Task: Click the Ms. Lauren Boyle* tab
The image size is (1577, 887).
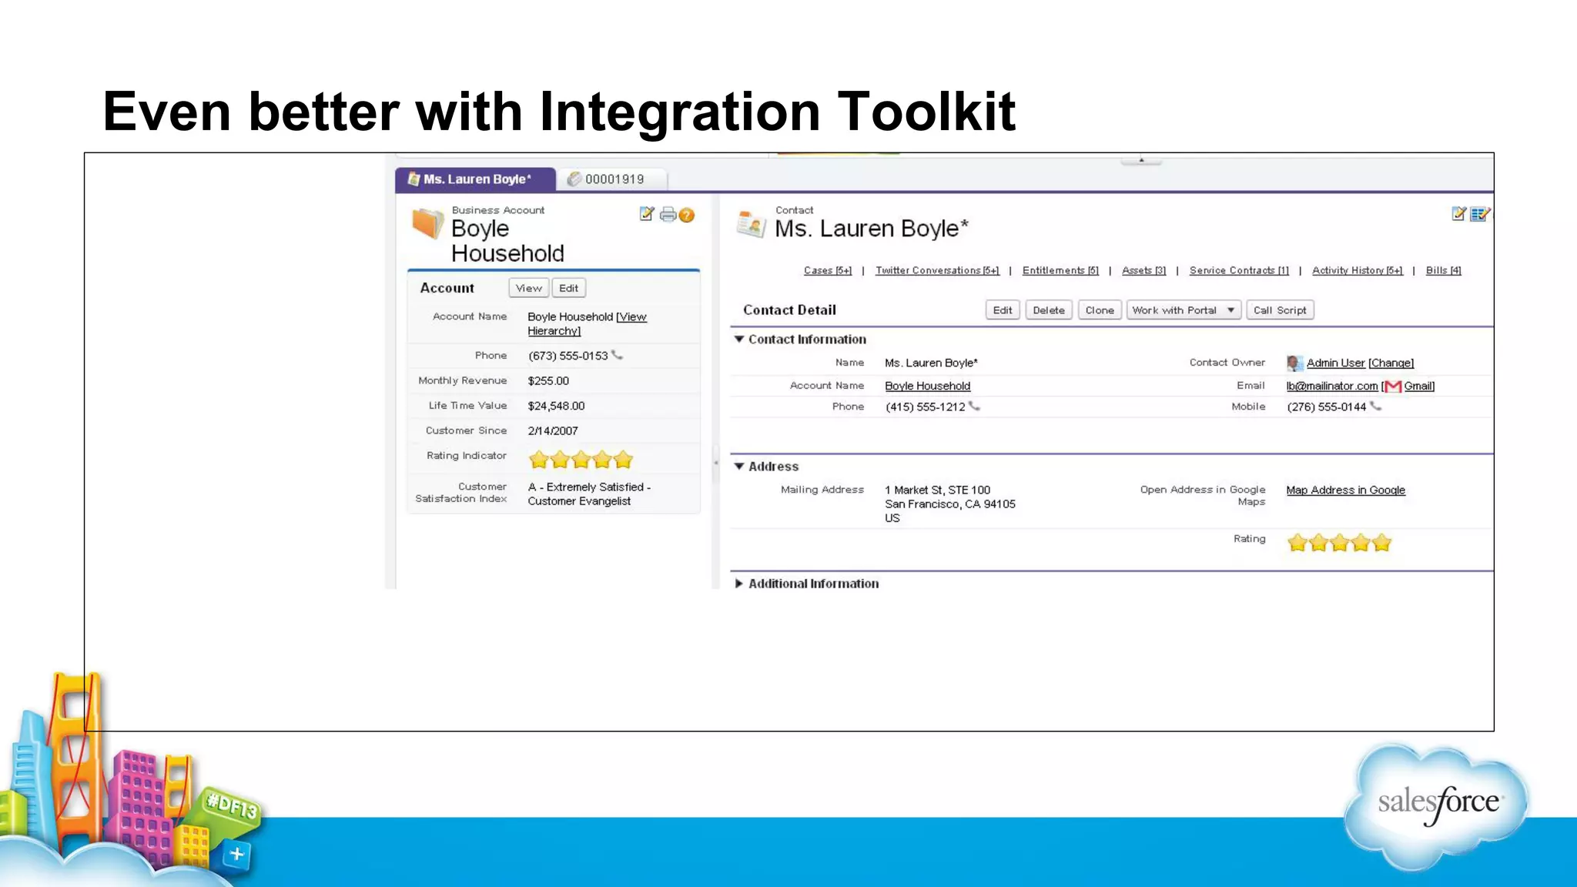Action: pyautogui.click(x=475, y=179)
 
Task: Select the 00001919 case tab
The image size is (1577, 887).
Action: pyautogui.click(x=612, y=179)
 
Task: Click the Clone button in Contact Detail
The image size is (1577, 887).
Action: pyautogui.click(x=1099, y=310)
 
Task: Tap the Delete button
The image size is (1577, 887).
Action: pyautogui.click(x=1048, y=310)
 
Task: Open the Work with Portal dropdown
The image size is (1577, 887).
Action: pyautogui.click(x=1183, y=310)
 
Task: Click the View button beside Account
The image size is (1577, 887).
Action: pyautogui.click(x=528, y=288)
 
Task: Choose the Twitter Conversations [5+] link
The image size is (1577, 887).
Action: pyautogui.click(x=936, y=270)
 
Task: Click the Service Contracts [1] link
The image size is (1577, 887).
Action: pyautogui.click(x=1238, y=270)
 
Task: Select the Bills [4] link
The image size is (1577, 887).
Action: pyautogui.click(x=1443, y=270)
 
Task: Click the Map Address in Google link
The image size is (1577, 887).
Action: pyautogui.click(x=1345, y=490)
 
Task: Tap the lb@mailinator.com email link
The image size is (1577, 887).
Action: pyautogui.click(x=1331, y=387)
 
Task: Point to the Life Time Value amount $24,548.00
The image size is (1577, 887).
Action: pyautogui.click(x=556, y=406)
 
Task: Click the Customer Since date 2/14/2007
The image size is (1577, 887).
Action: pyautogui.click(x=552, y=431)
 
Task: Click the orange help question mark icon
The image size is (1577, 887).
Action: pyautogui.click(x=687, y=216)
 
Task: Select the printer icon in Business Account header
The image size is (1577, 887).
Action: pyautogui.click(x=668, y=215)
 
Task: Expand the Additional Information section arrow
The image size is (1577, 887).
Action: pyautogui.click(x=739, y=584)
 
